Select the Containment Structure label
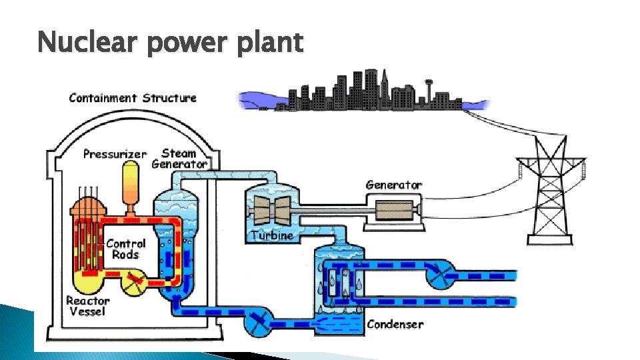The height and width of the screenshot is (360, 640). (x=133, y=98)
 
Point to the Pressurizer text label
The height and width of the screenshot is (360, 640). (x=115, y=154)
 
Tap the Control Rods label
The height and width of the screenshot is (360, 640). (x=125, y=249)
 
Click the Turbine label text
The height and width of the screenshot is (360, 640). (x=272, y=235)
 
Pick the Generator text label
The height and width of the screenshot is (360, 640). (x=394, y=185)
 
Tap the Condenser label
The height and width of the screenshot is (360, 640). (x=395, y=325)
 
